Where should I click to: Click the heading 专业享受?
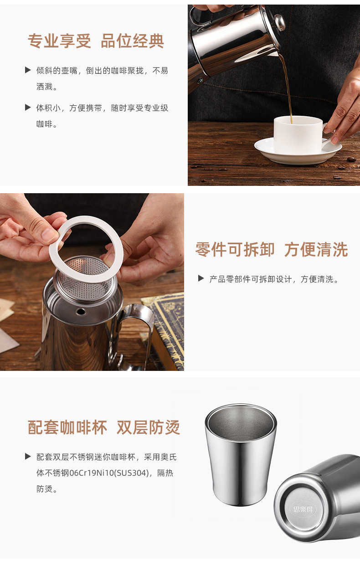coord(59,41)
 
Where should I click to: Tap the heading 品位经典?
coord(133,41)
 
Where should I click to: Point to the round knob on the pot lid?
coord(279,22)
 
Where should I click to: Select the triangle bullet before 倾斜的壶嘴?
coord(28,70)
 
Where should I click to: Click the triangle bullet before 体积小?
coord(28,108)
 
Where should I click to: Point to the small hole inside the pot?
coord(81,312)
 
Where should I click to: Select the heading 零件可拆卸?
coord(235,249)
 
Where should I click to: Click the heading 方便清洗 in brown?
coord(316,249)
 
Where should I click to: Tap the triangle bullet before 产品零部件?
coord(201,278)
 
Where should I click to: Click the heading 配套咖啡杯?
coord(67,427)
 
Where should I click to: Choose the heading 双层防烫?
coord(149,427)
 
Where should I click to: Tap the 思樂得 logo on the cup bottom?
coord(303,509)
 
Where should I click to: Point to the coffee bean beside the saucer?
coord(351,159)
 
